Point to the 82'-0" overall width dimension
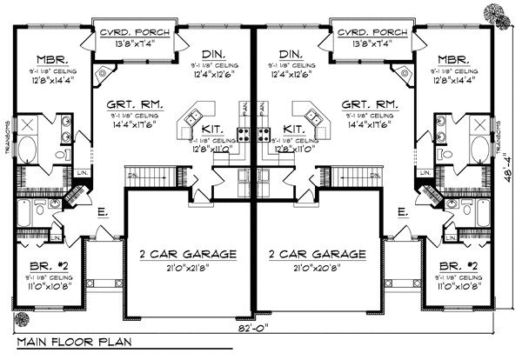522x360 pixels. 254,329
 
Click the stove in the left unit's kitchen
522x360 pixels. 244,135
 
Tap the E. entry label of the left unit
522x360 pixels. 103,211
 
